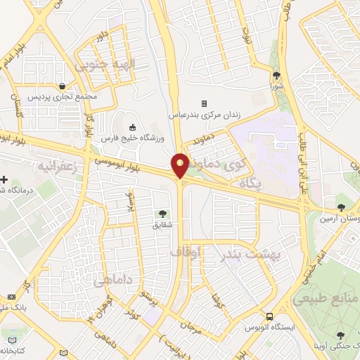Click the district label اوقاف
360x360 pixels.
click(186, 250)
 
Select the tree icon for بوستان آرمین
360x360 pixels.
click(341, 207)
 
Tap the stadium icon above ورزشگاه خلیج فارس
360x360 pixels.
click(133, 127)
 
